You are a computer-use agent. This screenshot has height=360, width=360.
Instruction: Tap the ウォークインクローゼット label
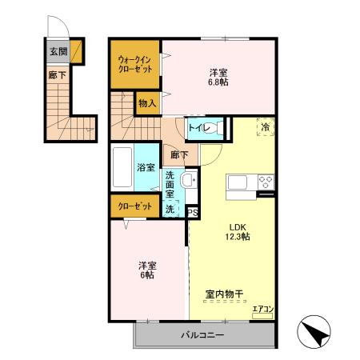(134, 64)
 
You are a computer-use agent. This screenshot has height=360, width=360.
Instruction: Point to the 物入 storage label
(146, 102)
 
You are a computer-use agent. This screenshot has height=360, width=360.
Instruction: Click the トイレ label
(198, 128)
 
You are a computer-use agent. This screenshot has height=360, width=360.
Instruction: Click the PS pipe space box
(193, 211)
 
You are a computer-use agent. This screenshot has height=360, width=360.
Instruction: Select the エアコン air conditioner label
(262, 310)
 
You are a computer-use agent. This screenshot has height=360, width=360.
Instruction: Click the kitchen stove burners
(265, 184)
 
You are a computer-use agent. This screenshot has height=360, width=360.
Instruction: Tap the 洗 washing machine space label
(170, 209)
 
